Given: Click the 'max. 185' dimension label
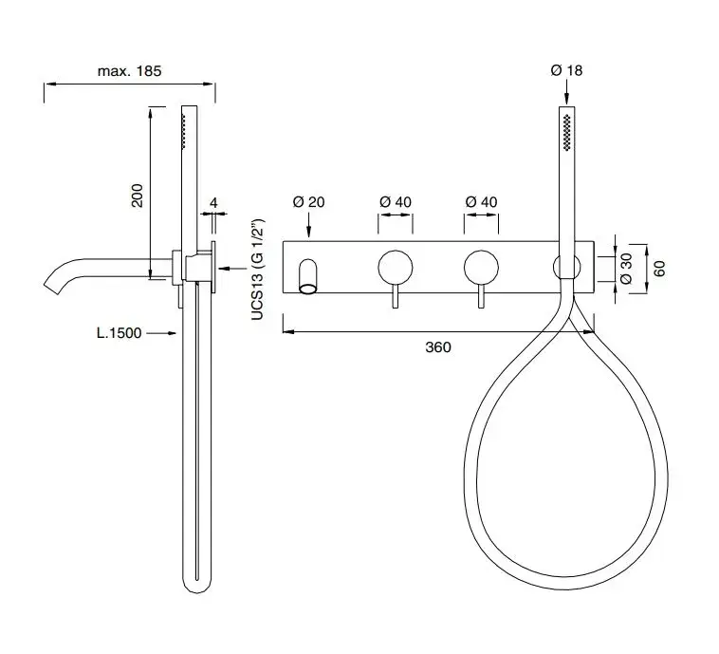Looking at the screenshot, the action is tap(129, 71).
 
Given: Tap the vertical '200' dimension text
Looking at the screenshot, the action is tap(138, 196).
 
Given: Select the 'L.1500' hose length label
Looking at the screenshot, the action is tap(119, 333).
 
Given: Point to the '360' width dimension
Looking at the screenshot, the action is tap(438, 347).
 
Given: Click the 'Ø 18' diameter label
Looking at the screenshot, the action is tap(566, 70).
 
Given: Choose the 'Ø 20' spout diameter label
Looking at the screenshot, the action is tap(308, 202).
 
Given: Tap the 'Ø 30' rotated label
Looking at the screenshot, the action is tap(626, 268).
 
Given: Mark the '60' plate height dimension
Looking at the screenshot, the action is tap(659, 269).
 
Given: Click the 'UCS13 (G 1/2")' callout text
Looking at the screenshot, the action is tap(258, 270).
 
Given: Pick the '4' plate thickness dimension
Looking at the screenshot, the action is tap(213, 202).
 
